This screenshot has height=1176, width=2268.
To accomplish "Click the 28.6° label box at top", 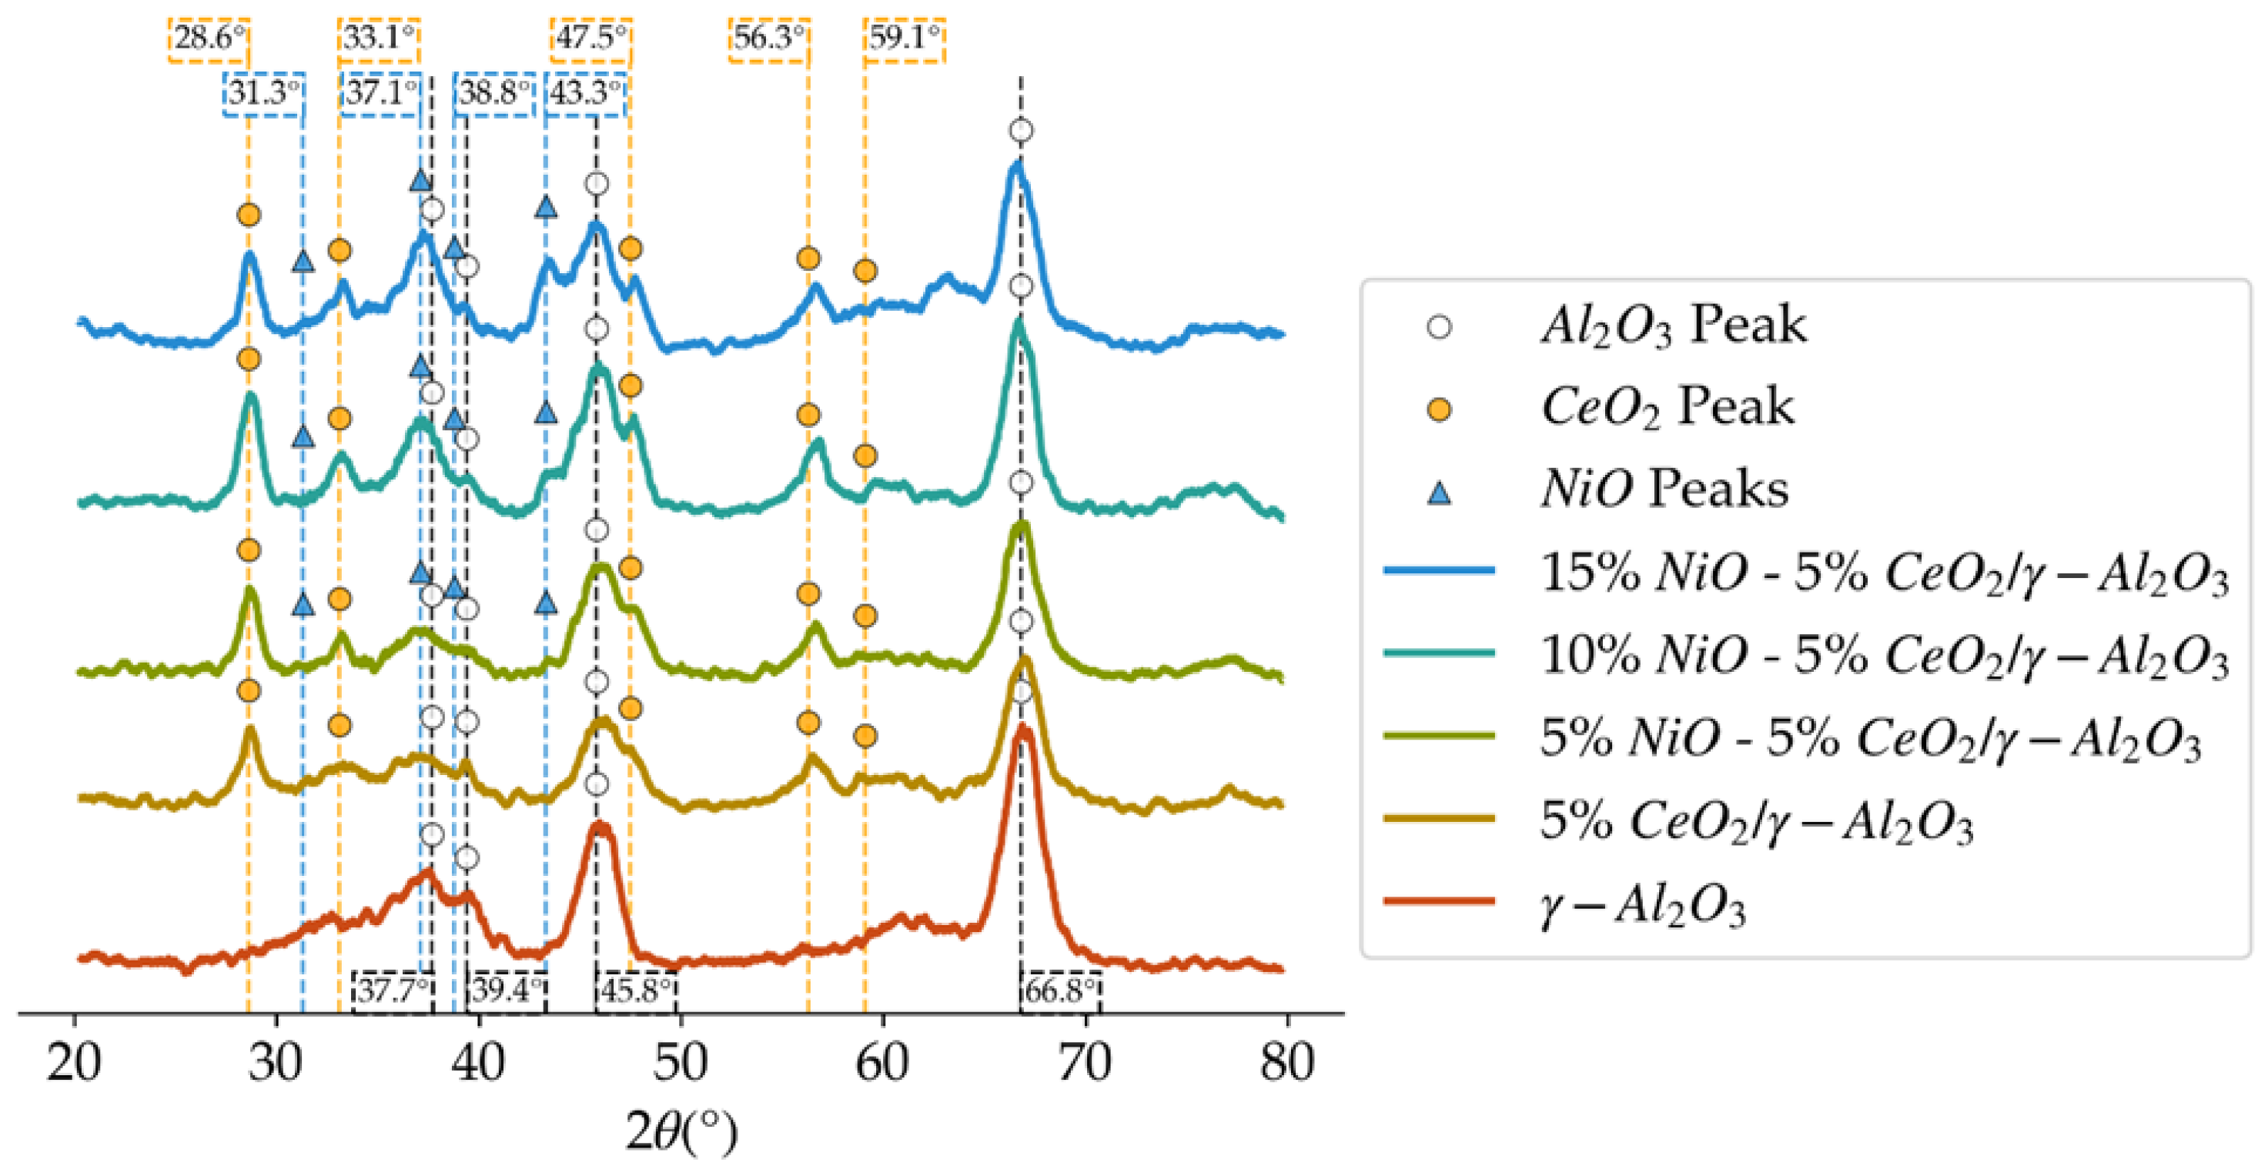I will point(209,38).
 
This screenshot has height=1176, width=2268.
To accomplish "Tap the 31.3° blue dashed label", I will point(264,92).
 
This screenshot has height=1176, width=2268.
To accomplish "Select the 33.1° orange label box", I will point(379,38).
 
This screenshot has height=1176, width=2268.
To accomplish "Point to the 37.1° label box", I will point(381,92).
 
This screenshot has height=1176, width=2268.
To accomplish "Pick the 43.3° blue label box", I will point(586,92).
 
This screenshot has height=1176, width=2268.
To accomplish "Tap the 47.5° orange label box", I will point(592,38).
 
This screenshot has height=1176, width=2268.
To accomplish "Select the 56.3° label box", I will point(768,38).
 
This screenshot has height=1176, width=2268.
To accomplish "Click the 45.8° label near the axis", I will point(637,991).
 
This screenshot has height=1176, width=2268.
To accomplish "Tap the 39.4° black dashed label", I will point(507,991).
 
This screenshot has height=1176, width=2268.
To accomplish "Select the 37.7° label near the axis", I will point(393,991).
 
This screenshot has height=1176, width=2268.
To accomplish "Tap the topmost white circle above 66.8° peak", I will point(1020,131).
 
